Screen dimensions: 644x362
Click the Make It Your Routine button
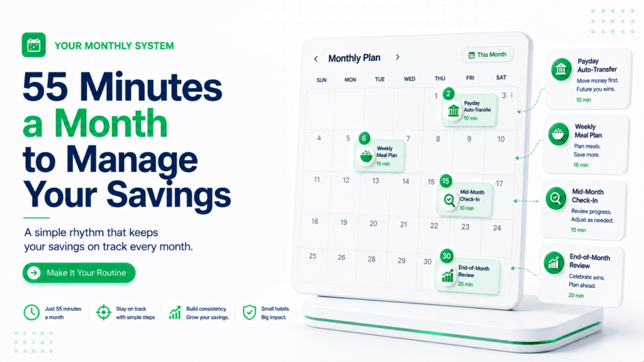coord(79,273)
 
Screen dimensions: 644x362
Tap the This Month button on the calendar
coord(487,55)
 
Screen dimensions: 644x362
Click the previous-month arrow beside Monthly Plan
coord(316,58)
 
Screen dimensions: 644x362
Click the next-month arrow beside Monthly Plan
coord(397,57)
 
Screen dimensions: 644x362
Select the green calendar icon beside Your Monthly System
coord(34,45)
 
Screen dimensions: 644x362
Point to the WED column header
coord(409,79)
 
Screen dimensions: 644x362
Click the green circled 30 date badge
coord(447,256)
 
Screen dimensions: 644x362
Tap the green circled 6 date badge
coord(364,138)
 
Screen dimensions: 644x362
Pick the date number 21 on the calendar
coord(404,224)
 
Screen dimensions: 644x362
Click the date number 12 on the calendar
coord(347,180)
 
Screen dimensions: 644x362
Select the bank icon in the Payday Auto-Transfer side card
coord(561,69)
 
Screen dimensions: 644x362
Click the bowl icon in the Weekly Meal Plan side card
coord(558,134)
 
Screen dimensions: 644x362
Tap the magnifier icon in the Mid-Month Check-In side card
coord(556,198)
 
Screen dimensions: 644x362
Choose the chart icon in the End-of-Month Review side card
coord(553,263)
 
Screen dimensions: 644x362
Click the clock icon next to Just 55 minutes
coord(31,312)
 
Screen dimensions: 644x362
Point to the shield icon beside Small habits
coord(249,312)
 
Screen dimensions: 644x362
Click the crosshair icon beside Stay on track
coord(104,312)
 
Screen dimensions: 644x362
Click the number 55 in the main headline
coord(45,87)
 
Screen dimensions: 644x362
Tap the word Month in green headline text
coord(111,123)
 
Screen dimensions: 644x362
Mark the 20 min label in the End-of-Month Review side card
coord(576,295)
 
